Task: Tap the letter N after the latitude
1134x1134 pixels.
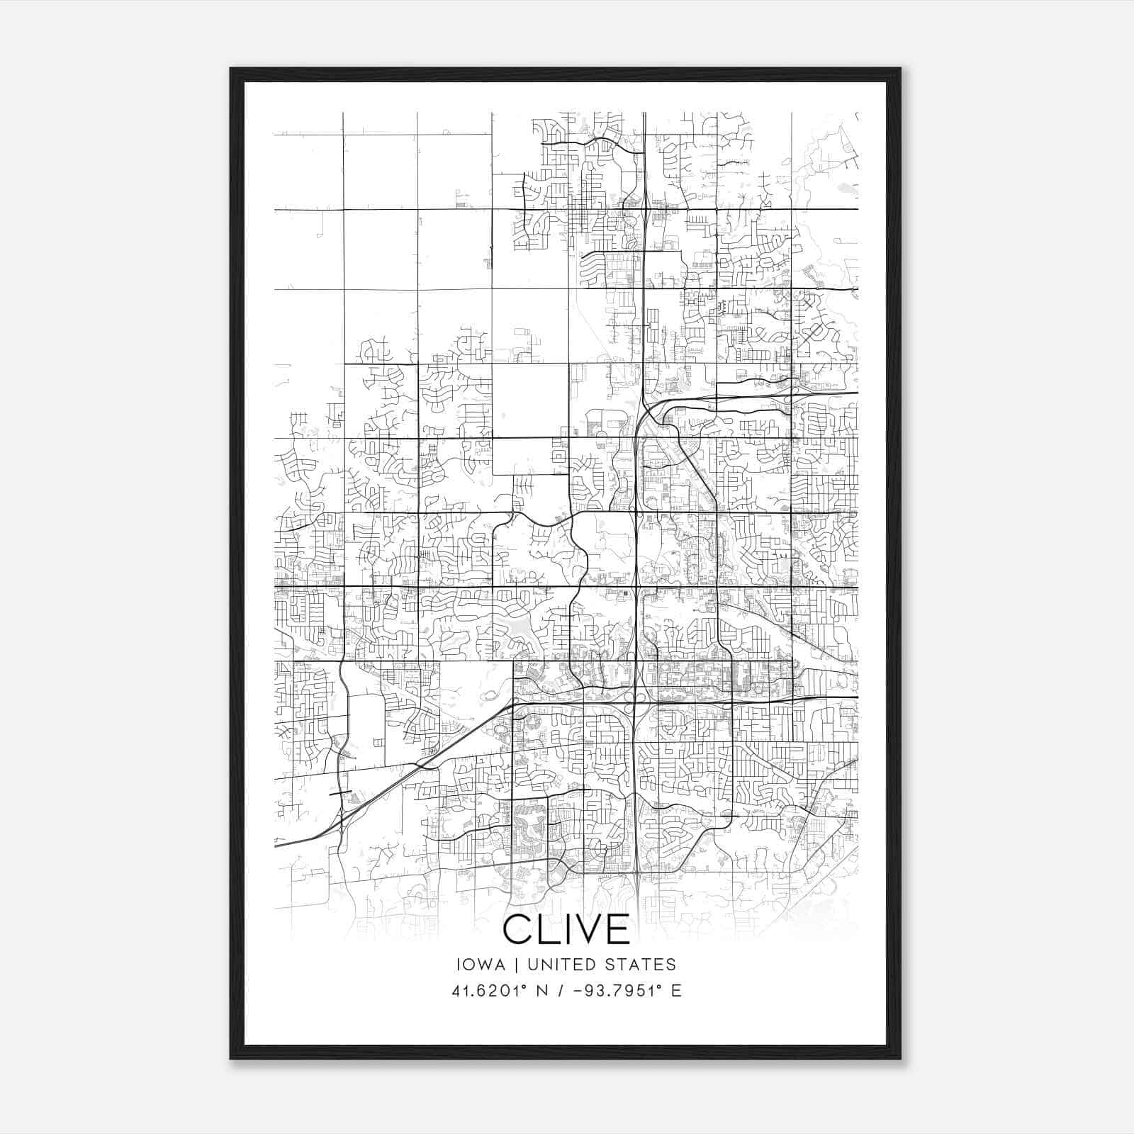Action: coord(544,991)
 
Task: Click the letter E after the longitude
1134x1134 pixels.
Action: coord(676,991)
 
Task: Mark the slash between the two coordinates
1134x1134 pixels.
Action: coord(562,991)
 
